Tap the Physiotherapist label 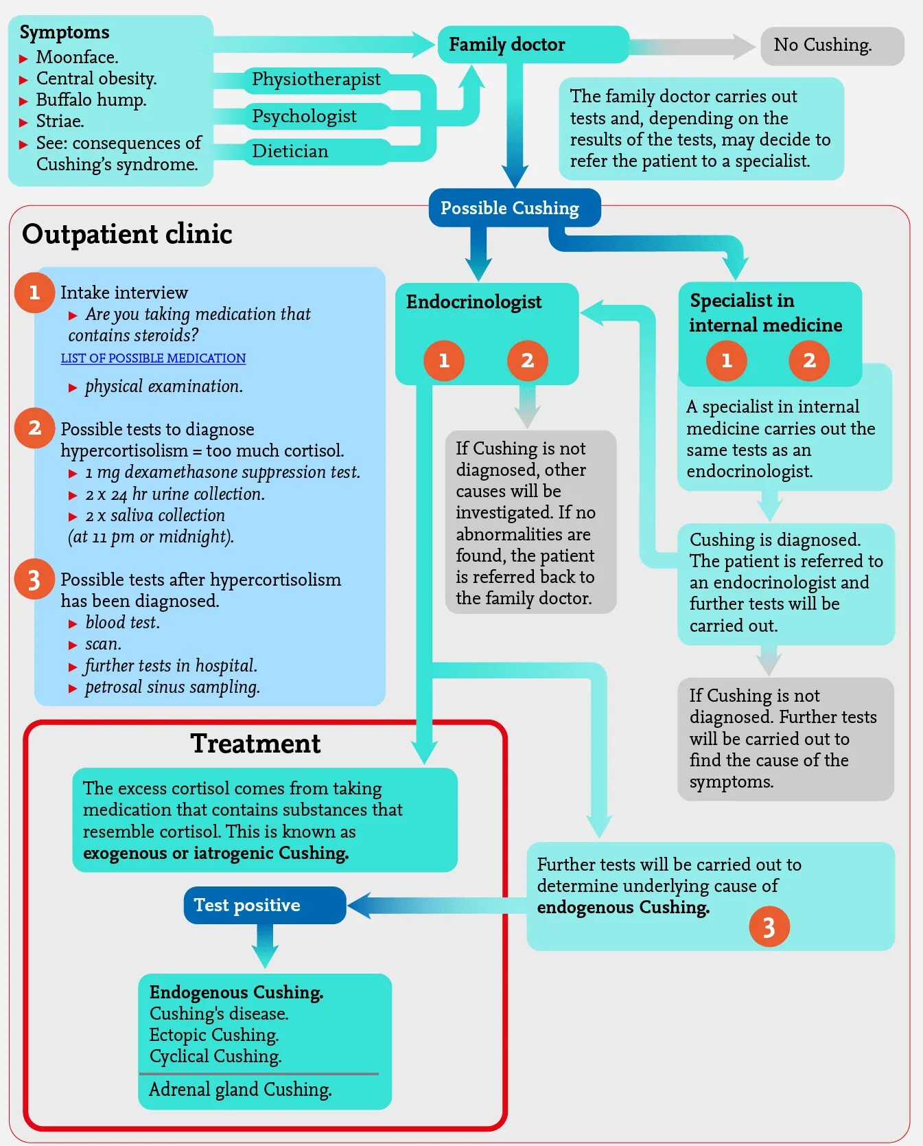pos(316,80)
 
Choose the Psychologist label pos(304,116)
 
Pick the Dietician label pos(290,151)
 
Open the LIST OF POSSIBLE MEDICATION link pos(153,358)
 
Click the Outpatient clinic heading pos(127,234)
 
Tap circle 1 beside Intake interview pos(34,293)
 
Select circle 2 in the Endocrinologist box pos(527,360)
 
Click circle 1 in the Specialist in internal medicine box pos(726,360)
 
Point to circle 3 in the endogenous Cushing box pos(769,927)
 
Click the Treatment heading pos(255,744)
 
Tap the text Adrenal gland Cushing pos(240,1090)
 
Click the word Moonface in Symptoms pos(77,57)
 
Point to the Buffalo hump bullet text pos(91,100)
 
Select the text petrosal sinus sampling pos(172,687)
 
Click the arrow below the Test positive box pos(264,946)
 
